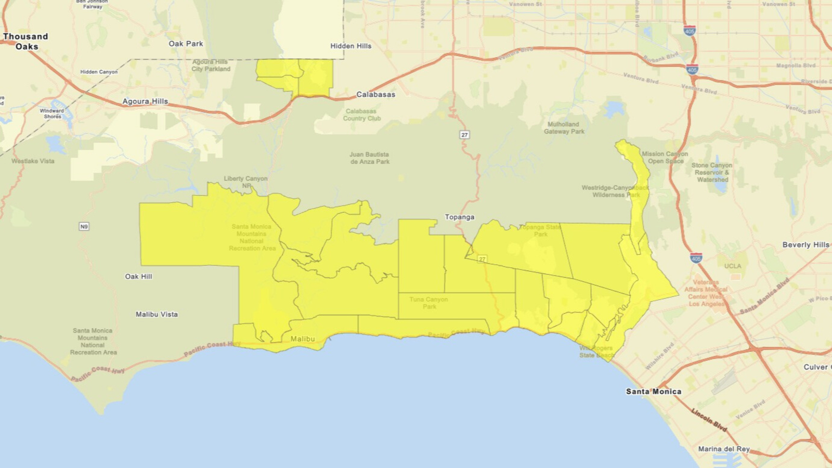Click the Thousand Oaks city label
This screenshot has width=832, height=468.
(x=25, y=41)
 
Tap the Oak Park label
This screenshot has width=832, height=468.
(x=186, y=44)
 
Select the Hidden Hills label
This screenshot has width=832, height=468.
(x=350, y=46)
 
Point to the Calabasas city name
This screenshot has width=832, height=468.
(x=375, y=95)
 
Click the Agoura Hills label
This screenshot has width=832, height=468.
(x=145, y=101)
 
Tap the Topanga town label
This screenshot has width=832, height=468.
(x=459, y=217)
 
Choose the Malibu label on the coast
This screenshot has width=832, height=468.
(x=303, y=339)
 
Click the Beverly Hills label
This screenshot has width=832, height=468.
(x=805, y=244)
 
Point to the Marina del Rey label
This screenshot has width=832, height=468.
(x=724, y=449)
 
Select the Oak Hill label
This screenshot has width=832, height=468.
(x=138, y=277)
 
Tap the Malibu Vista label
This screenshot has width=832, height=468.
(x=157, y=314)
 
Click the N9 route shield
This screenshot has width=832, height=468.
(x=84, y=226)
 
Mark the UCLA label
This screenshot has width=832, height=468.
(x=733, y=266)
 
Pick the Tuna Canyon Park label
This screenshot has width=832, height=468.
(x=428, y=303)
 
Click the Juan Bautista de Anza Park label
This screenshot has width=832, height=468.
(x=369, y=158)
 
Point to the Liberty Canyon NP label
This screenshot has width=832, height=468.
(x=245, y=181)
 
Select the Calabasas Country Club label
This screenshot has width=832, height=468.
(x=361, y=115)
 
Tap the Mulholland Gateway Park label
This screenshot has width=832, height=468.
(x=564, y=128)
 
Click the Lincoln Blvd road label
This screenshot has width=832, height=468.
(x=709, y=420)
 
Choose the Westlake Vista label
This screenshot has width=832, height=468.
(x=33, y=161)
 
